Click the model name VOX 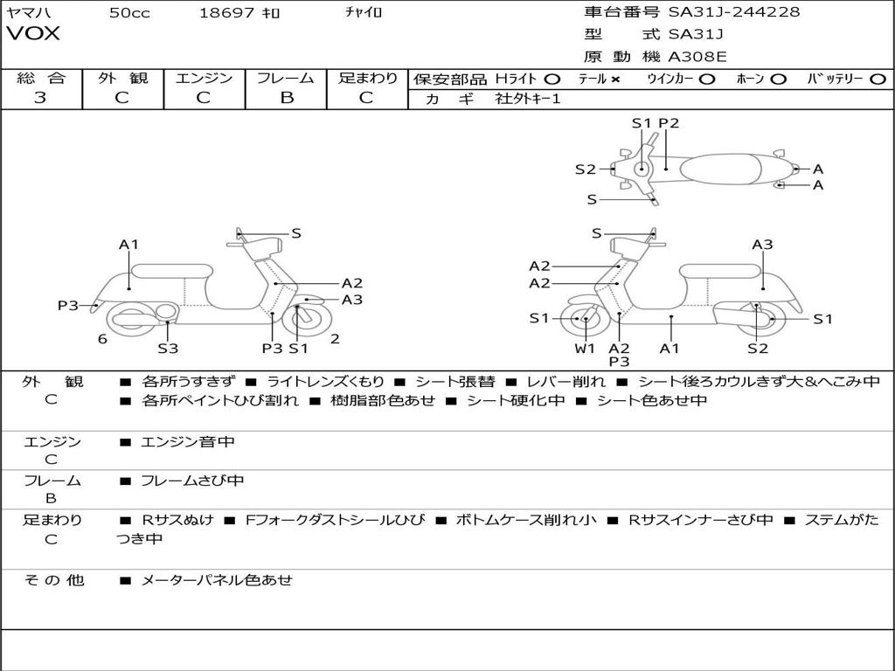click(33, 33)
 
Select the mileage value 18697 click(226, 12)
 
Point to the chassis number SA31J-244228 click(733, 11)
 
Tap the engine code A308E click(697, 57)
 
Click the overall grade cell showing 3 click(40, 98)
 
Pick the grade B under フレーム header click(286, 98)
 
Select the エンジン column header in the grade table click(204, 79)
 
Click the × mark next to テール click(615, 79)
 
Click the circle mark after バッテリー click(878, 79)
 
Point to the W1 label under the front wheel click(585, 349)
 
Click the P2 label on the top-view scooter click(669, 123)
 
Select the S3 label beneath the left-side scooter click(168, 349)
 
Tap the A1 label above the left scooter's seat click(129, 245)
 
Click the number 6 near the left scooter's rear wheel click(102, 339)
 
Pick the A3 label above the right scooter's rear click(762, 245)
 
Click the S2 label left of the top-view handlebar click(585, 169)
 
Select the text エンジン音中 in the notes click(187, 442)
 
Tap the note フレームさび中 click(192, 481)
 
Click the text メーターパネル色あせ click(216, 579)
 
